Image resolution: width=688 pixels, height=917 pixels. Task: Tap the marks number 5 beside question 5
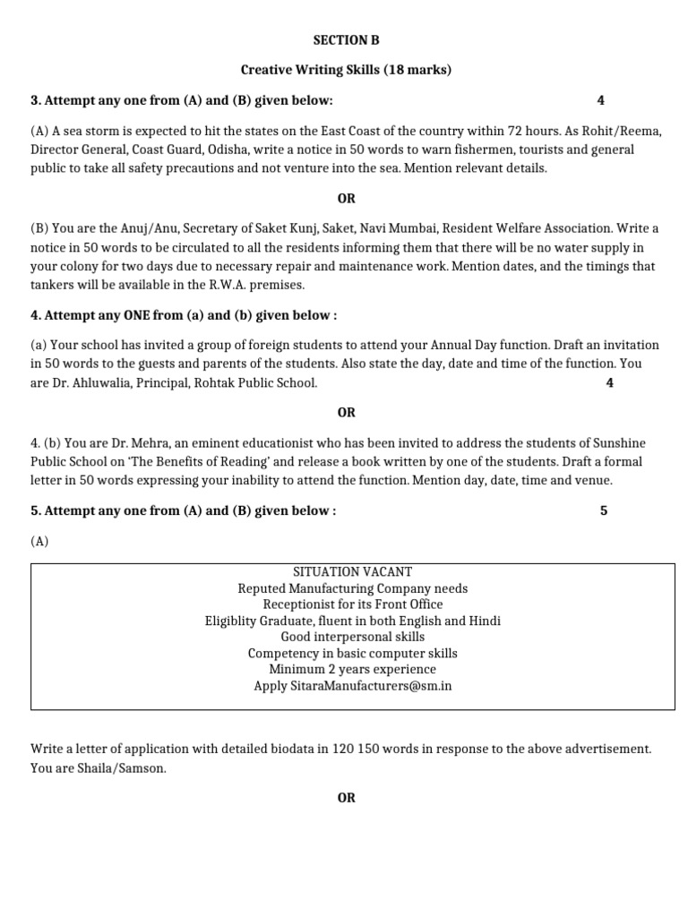[x=604, y=510]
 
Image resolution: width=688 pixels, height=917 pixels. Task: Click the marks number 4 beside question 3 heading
[x=600, y=100]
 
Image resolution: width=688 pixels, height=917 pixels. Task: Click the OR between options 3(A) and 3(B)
[x=346, y=198]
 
